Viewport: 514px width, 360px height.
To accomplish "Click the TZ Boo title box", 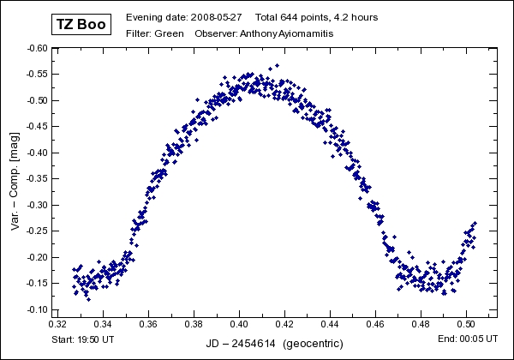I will coord(81,24).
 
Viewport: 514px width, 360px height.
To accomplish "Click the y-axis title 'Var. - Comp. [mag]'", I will coord(15,181).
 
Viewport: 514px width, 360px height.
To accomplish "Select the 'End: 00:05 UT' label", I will coord(467,340).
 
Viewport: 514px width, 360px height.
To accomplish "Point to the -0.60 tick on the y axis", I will coord(37,49).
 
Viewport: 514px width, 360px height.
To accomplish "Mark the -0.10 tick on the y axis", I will coord(37,309).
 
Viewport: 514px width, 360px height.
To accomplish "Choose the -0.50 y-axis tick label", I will coord(37,101).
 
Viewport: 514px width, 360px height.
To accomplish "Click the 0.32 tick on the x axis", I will coord(58,326).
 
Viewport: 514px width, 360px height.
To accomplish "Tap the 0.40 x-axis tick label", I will coord(240,326).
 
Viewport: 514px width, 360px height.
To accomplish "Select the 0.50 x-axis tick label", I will coord(467,326).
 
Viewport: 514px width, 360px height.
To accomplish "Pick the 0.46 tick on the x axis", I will coord(376,326).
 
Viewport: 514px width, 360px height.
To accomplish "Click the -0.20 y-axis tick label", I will coord(37,257).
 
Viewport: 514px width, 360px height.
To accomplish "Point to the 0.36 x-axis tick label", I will coord(149,326).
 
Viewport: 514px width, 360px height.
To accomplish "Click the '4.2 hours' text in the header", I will coord(356,17).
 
